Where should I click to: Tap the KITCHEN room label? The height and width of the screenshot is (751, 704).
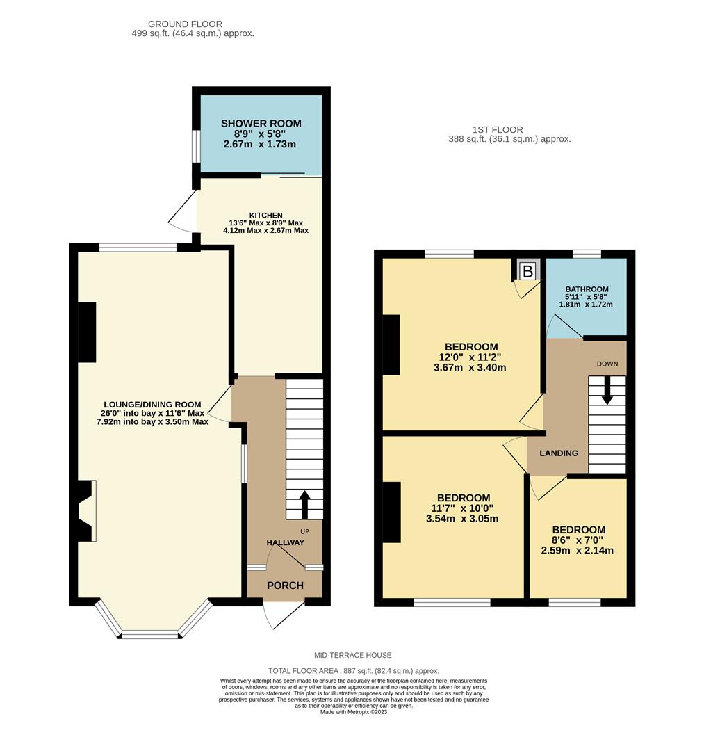coord(266,216)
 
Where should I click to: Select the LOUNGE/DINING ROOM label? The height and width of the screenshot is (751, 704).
coord(152,404)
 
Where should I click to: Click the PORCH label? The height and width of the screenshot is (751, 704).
coord(285,586)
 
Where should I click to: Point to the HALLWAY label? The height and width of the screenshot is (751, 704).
coord(285,542)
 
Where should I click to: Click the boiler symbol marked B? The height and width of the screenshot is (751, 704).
coord(527,271)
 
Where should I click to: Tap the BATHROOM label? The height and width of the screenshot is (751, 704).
coord(587,289)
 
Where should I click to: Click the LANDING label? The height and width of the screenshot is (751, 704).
coord(559,453)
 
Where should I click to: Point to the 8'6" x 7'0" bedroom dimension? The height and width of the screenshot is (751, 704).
coord(578,540)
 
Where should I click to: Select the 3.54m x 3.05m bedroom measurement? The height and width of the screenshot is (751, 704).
coord(463,519)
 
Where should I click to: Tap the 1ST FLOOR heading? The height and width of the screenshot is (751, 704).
coord(497,129)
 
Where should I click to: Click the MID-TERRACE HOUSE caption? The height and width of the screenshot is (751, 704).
coord(352,655)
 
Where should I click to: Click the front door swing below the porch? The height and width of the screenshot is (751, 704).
coord(281,613)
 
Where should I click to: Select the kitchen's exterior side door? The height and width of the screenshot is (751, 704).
coord(183,211)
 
